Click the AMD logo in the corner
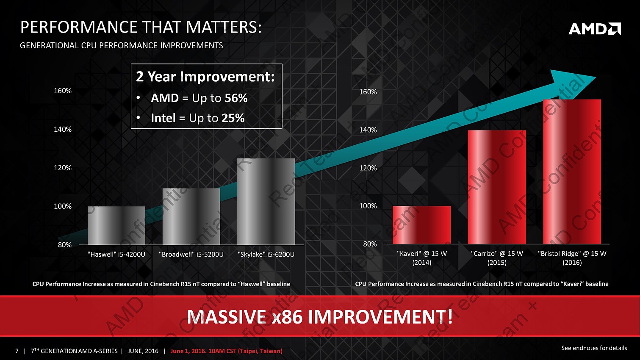594,29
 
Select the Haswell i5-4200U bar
116,225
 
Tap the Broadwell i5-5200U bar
191,216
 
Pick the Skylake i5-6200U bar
266,202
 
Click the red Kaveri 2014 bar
422,225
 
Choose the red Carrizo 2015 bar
497,187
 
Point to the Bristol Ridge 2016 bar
572,172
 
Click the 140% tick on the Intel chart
63,129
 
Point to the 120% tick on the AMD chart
368,168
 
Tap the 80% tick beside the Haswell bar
64,245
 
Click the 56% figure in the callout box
236,98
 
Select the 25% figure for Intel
233,118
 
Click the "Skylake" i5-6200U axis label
266,255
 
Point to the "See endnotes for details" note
594,348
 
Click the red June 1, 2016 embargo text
226,351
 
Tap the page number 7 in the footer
17,351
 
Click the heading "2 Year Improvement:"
205,77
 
